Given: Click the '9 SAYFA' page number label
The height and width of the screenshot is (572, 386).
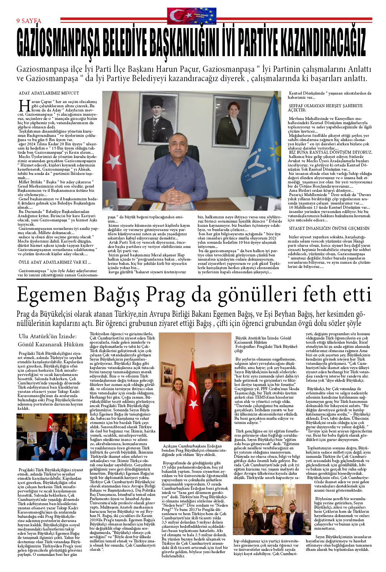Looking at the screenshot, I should (29, 21).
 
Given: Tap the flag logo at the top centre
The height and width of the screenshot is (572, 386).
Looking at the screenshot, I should (191, 16).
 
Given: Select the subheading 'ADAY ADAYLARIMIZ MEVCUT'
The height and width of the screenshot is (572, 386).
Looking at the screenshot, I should (49, 93).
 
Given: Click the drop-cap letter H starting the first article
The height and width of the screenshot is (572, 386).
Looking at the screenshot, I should (25, 106).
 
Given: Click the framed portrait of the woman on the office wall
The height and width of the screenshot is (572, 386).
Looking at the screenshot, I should (233, 115).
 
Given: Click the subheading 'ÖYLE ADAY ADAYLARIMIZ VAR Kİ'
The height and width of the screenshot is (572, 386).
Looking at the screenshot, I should (54, 262).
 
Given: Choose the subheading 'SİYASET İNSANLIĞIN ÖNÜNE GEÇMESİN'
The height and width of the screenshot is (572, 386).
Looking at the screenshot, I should (329, 228).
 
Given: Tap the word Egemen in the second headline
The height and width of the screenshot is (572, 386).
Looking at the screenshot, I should (51, 295).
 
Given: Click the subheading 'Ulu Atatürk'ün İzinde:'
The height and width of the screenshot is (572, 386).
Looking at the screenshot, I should (48, 336).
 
